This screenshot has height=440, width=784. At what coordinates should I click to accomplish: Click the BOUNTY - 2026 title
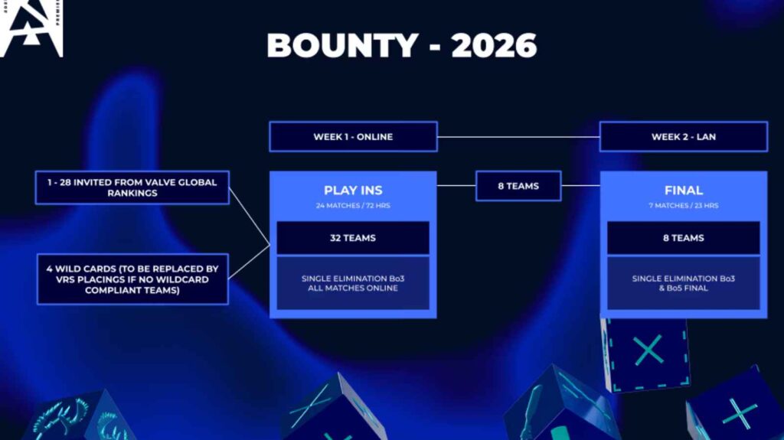pos(401,45)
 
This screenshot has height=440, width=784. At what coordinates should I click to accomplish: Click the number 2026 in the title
pos(494,45)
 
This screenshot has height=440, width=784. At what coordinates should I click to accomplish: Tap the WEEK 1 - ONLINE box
pos(353,136)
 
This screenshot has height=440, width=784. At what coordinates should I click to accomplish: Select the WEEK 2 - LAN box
pos(684,136)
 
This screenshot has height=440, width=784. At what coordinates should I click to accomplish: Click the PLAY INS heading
pos(353,190)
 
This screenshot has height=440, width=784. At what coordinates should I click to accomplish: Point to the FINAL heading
pos(684,190)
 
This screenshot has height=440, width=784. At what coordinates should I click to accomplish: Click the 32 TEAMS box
pos(353,238)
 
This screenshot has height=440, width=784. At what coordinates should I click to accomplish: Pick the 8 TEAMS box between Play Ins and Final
pos(518,186)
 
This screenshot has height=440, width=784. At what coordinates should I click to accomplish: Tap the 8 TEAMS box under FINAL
pos(684,238)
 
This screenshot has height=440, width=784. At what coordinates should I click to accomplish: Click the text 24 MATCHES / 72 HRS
pos(353,206)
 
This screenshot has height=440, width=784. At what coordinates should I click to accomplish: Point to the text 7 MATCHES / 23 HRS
pos(684,206)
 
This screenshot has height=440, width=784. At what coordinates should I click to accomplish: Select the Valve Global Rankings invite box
pos(132,187)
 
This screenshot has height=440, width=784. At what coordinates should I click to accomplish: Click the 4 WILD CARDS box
pos(132,279)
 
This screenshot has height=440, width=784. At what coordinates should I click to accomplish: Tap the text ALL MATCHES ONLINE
pos(353,288)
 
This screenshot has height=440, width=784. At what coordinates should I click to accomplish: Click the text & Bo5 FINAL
pos(684,288)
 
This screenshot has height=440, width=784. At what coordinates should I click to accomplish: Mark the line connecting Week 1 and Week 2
pos(518,136)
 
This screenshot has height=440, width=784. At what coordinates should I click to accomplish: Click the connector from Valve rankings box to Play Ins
pos(249,217)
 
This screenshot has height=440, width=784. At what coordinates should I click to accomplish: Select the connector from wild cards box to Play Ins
pos(249,262)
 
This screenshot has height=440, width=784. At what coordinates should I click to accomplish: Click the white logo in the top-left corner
pos(31,28)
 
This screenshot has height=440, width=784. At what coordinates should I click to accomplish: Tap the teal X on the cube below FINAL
pos(648,350)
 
